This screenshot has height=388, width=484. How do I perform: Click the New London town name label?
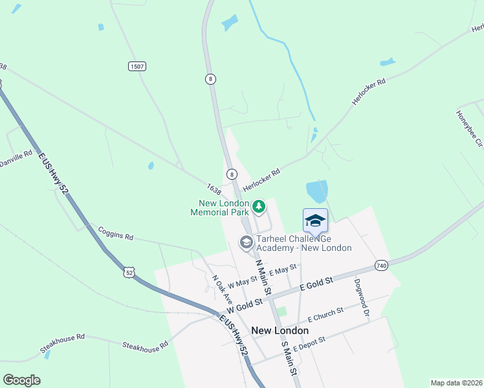tap(280, 330)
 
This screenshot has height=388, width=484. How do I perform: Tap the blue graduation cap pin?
tap(315, 221)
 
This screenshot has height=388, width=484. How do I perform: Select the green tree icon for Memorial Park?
tap(259, 207)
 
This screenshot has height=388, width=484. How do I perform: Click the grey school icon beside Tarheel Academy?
tap(246, 242)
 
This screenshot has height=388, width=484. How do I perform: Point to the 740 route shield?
tap(382, 266)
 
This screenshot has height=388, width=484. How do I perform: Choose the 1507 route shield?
tap(137, 66)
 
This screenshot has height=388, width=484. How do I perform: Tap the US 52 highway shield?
tap(130, 273)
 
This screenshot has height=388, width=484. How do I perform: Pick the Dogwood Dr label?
tap(361, 297)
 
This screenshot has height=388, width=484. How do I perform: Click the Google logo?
tap(22, 380)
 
